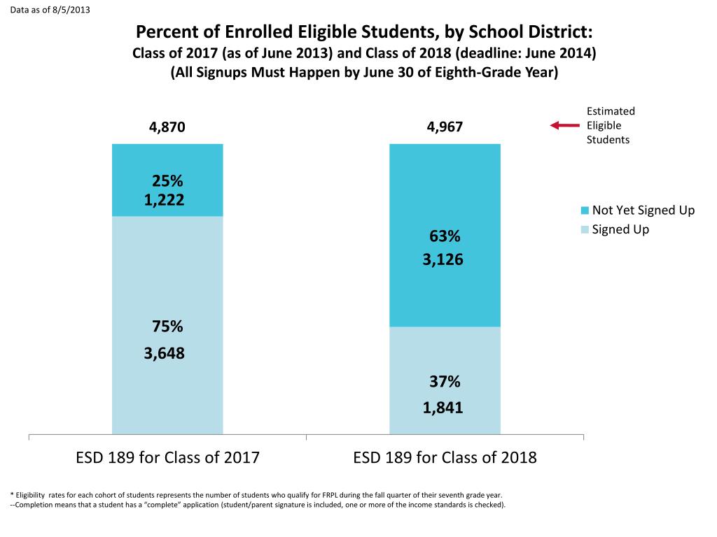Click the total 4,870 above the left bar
pyautogui.click(x=167, y=127)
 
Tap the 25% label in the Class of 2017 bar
pyautogui.click(x=167, y=182)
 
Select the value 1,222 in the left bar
pyautogui.click(x=165, y=201)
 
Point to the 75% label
pyautogui.click(x=167, y=327)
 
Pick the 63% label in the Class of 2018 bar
pyautogui.click(x=445, y=236)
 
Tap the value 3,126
pyautogui.click(x=443, y=259)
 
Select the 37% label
pyautogui.click(x=445, y=382)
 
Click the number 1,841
pyautogui.click(x=443, y=408)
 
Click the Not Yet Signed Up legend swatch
pyautogui.click(x=585, y=210)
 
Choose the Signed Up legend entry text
pyautogui.click(x=620, y=229)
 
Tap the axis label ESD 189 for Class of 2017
pyautogui.click(x=167, y=458)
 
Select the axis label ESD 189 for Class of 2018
pyautogui.click(x=445, y=458)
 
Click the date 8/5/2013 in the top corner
pyautogui.click(x=71, y=9)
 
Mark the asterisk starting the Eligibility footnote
pyautogui.click(x=13, y=493)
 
